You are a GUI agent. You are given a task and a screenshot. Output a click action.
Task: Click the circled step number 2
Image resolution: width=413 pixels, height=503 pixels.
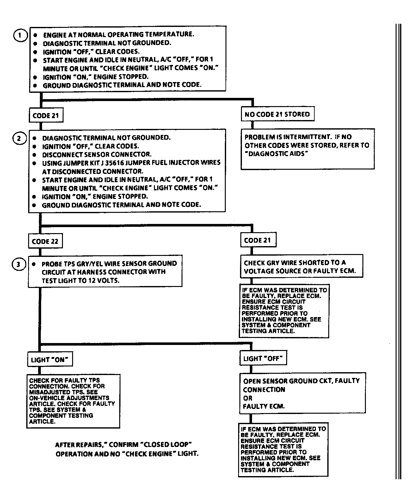click(19, 138)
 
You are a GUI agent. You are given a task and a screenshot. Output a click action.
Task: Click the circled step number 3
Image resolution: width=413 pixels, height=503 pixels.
click(18, 264)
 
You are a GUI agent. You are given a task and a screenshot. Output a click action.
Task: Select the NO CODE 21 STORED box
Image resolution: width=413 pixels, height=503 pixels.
click(277, 114)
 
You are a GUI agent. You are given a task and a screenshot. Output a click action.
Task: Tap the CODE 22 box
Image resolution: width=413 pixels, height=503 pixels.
click(45, 242)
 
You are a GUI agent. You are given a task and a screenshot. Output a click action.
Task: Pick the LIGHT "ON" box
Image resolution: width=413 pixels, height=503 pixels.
click(49, 360)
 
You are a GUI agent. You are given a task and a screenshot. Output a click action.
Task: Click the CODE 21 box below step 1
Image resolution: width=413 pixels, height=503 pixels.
click(46, 116)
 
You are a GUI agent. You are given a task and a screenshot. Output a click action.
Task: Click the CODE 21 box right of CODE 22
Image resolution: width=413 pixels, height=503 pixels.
click(257, 240)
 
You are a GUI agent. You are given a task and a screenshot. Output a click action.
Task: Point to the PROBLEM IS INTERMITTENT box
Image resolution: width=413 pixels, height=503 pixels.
click(307, 149)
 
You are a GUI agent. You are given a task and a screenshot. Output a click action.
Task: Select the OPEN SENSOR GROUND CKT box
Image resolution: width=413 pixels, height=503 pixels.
click(302, 393)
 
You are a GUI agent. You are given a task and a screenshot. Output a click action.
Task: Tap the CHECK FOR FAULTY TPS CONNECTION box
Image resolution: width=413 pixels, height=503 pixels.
click(73, 401)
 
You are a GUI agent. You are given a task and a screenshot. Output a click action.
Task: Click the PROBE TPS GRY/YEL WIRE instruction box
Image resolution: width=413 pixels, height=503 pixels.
click(105, 271)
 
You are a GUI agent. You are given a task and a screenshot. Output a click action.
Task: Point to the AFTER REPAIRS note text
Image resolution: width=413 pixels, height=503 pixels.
click(127, 449)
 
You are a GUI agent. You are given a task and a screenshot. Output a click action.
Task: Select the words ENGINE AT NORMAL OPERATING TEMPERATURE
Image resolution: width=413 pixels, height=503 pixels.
click(119, 35)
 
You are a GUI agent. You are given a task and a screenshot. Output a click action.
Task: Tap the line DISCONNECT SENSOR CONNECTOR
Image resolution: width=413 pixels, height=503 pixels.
click(97, 155)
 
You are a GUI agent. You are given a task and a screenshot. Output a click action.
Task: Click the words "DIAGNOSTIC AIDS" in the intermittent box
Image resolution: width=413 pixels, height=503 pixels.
click(276, 154)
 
